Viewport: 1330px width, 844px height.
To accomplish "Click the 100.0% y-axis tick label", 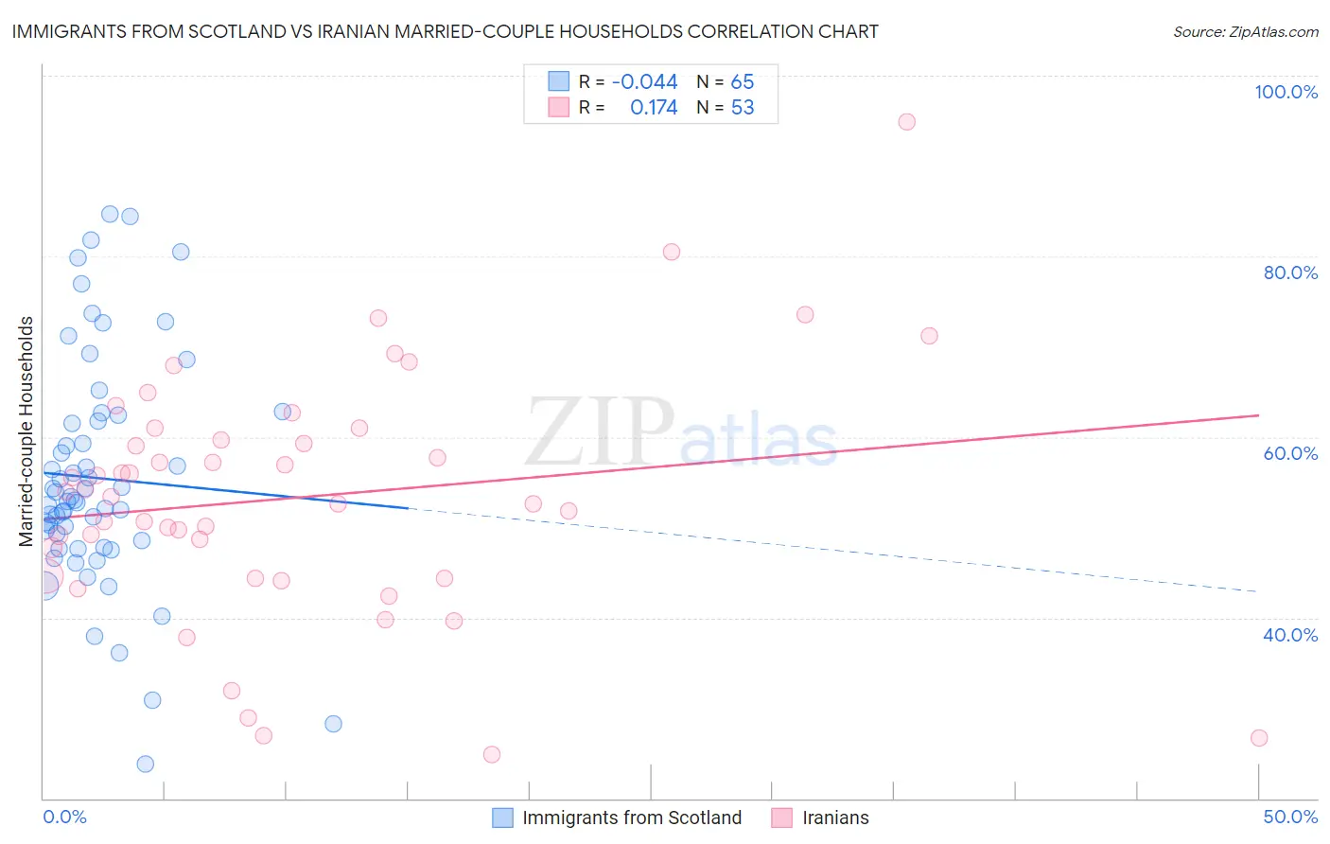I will coord(1286,92).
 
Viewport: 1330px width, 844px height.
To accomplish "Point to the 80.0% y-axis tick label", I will coord(1290,273).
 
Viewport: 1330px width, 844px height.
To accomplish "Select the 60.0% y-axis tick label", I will coord(1290,453).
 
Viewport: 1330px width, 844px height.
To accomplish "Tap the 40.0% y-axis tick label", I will coord(1290,635).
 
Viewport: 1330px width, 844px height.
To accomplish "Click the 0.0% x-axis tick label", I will coord(64,817).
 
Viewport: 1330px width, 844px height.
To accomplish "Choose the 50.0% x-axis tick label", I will coord(1290,817).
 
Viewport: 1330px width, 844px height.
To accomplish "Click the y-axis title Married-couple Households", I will coord(26,431).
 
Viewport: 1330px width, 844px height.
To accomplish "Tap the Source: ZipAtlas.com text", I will coord(1245,31).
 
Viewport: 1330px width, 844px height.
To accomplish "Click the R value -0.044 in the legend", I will coord(644,81).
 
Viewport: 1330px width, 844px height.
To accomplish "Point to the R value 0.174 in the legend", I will coord(654,108).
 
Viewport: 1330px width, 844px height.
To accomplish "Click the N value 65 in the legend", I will coord(743,81).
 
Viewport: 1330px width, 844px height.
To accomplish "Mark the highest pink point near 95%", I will coord(906,121).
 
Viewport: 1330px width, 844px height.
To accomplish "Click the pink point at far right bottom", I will coord(1258,738).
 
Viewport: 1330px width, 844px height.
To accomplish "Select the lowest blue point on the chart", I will coord(145,764).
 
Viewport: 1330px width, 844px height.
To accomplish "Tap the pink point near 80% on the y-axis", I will coord(671,252).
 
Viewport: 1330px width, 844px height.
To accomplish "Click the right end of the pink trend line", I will coord(1258,415).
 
